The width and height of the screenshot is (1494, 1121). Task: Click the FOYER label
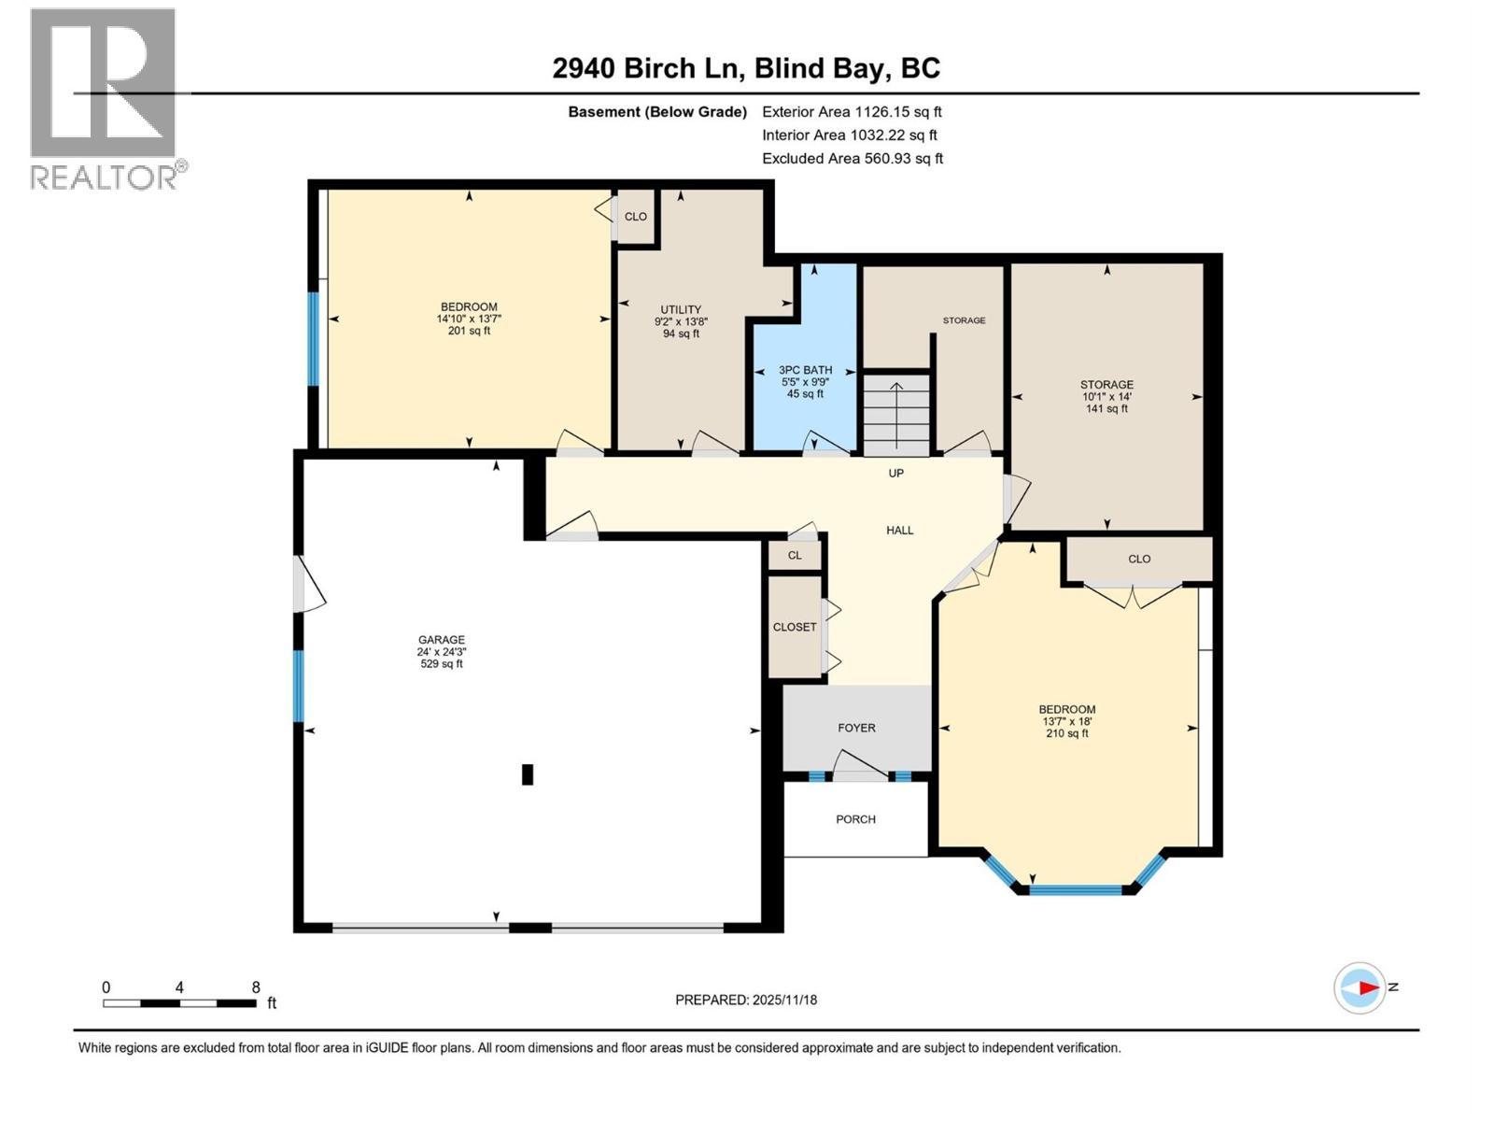[x=856, y=728]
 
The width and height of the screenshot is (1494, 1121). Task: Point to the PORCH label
[x=855, y=819]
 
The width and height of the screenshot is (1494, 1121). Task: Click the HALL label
[x=899, y=531]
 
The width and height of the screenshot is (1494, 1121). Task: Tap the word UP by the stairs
[x=895, y=474]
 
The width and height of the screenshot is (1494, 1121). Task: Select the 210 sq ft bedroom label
[x=1067, y=721]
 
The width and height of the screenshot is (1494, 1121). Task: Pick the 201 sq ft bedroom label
[x=469, y=319]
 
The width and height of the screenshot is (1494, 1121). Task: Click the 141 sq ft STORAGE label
[x=1106, y=396]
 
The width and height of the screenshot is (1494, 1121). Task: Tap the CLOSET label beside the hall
[x=795, y=627]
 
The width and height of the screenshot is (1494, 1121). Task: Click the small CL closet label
[x=795, y=555]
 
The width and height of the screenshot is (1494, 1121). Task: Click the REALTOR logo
[x=105, y=98]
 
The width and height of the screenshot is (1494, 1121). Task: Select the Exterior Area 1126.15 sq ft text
[x=852, y=111]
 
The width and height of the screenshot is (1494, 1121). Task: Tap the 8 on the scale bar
[x=255, y=987]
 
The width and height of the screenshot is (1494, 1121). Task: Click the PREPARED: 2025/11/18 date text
[x=746, y=1000]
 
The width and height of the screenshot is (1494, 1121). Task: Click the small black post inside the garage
[x=527, y=774]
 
